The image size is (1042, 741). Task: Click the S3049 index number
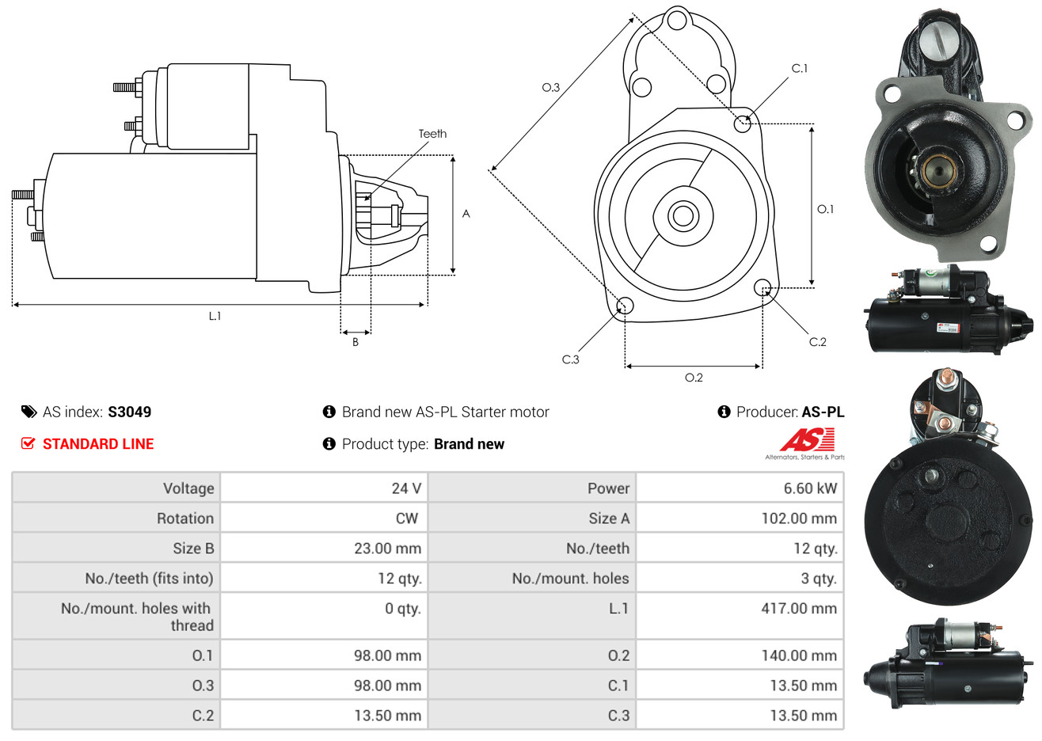pos(129,412)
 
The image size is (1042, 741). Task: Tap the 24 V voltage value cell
pos(405,488)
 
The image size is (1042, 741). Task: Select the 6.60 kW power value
pos(809,488)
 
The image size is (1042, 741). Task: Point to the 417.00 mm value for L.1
pos(798,609)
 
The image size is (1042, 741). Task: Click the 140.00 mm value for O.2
pos(798,655)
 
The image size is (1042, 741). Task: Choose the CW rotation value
pos(406,519)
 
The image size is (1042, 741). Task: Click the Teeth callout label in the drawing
pos(432,134)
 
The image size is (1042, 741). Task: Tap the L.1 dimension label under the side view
pos(215,316)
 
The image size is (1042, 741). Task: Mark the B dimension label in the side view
pos(356,342)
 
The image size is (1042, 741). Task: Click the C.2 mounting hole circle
pos(763,287)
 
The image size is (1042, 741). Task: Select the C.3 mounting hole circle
pos(625,306)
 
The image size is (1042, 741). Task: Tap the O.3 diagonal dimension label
pos(550,87)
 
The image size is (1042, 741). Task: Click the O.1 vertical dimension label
pos(825,209)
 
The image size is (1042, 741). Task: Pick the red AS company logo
pos(807,439)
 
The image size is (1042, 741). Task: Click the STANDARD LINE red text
pos(98,444)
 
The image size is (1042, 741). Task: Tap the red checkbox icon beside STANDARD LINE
pos(29,443)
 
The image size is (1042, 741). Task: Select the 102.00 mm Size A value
pos(798,519)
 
